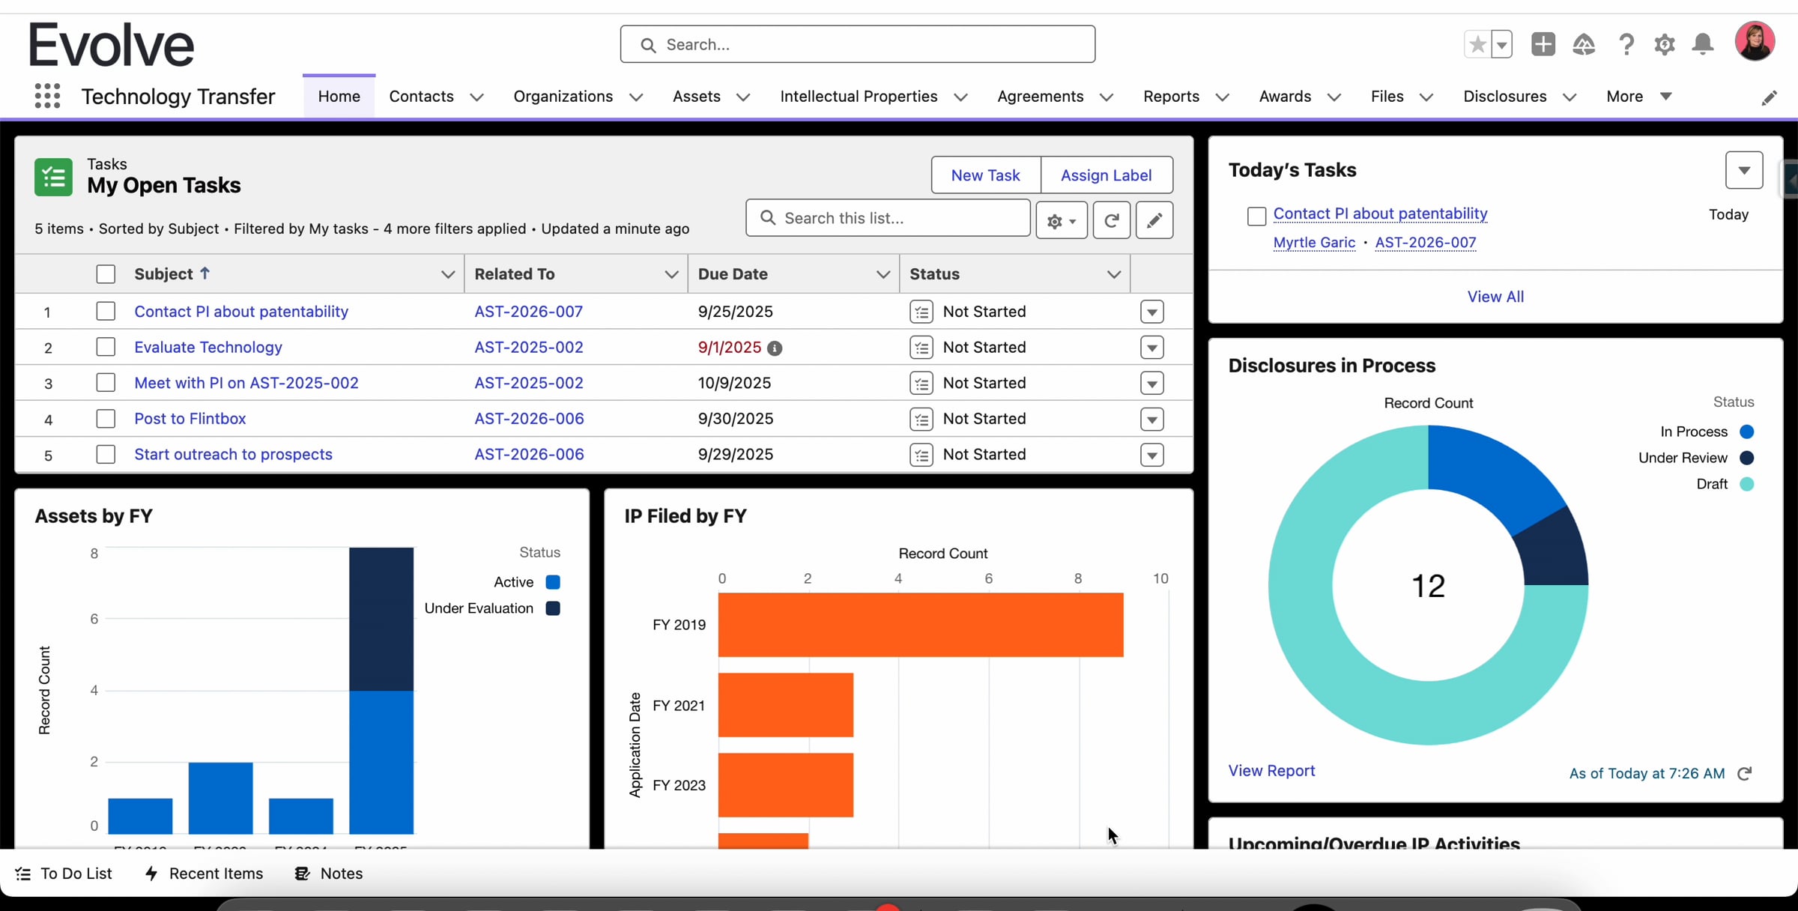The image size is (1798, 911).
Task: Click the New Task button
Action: pos(985,175)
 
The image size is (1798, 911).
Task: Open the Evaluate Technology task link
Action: pos(208,347)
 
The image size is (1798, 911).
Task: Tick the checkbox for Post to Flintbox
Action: pos(106,418)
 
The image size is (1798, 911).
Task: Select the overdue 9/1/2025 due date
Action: pos(729,347)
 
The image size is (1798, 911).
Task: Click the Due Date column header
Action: pos(733,274)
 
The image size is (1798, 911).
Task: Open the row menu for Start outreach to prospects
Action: pos(1151,455)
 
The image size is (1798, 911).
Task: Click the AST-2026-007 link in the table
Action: pos(528,312)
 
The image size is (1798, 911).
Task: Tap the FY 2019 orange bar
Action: pos(921,625)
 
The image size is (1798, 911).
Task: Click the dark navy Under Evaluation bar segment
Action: pos(381,619)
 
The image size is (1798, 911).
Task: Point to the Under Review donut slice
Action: pos(1555,551)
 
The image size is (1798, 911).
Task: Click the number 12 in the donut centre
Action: pos(1428,586)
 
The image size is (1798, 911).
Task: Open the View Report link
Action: pos(1271,771)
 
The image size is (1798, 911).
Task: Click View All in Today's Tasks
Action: pos(1495,297)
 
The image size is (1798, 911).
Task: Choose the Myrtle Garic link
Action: pos(1314,243)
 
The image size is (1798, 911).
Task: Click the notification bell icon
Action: pos(1703,44)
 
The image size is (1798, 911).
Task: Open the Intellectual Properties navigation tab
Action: pos(859,97)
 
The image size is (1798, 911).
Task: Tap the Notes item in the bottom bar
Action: pos(329,874)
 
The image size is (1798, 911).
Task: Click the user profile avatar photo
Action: pos(1754,42)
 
